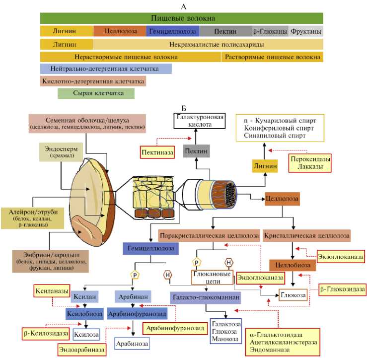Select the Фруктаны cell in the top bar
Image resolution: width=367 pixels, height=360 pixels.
(305, 31)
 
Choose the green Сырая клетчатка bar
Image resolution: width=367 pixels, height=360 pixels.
(96, 93)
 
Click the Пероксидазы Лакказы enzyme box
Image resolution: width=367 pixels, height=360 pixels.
(310, 163)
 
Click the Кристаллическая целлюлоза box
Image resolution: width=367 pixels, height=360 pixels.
(306, 234)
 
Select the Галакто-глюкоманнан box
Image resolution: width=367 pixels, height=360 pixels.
(206, 297)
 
